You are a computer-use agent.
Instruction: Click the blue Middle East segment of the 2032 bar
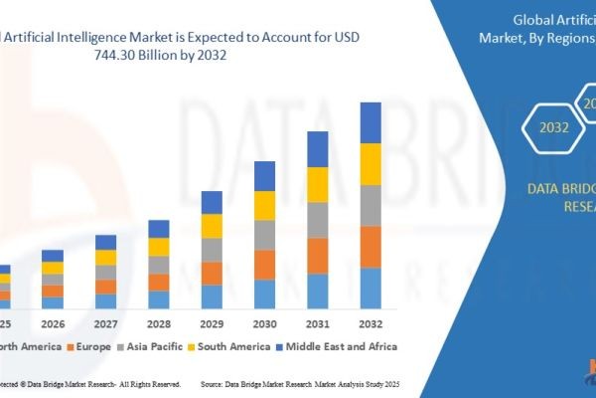(370, 122)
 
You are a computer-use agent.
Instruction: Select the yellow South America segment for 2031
(317, 184)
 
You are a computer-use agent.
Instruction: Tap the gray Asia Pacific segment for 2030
(264, 235)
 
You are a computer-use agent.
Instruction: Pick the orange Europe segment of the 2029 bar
(212, 274)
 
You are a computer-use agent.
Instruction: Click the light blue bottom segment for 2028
(159, 298)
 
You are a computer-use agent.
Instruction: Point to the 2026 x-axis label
(53, 325)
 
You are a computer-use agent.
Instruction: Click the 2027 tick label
(105, 325)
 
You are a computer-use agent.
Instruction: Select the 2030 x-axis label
(264, 325)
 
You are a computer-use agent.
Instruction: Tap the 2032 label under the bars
(370, 325)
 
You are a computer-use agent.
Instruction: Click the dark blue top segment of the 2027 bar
(105, 242)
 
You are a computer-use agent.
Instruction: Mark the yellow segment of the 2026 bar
(53, 268)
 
